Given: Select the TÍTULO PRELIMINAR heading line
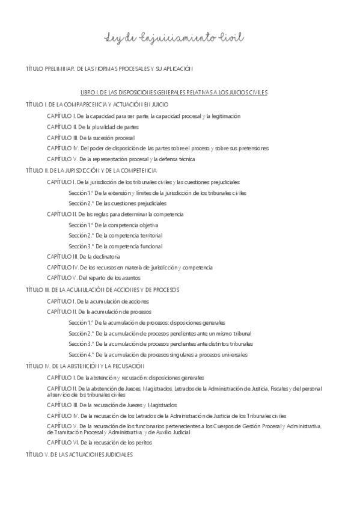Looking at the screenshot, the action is click(x=109, y=69).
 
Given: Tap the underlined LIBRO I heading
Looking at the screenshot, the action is click(x=174, y=93).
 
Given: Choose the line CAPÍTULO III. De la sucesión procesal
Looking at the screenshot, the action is click(x=91, y=138).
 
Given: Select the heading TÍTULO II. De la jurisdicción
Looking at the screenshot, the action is click(x=92, y=170).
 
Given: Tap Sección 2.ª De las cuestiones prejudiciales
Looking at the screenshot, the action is click(x=117, y=203).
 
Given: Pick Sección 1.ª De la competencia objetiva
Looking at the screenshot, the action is click(x=114, y=224).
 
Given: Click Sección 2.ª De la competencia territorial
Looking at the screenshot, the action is click(x=115, y=235).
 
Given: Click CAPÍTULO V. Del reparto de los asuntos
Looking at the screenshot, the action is click(x=94, y=278).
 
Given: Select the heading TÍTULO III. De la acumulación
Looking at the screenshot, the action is click(x=103, y=289).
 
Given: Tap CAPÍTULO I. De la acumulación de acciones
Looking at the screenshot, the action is click(x=98, y=301).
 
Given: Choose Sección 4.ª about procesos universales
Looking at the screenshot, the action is click(x=158, y=355).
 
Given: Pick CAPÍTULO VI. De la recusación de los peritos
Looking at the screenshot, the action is click(x=100, y=443).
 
